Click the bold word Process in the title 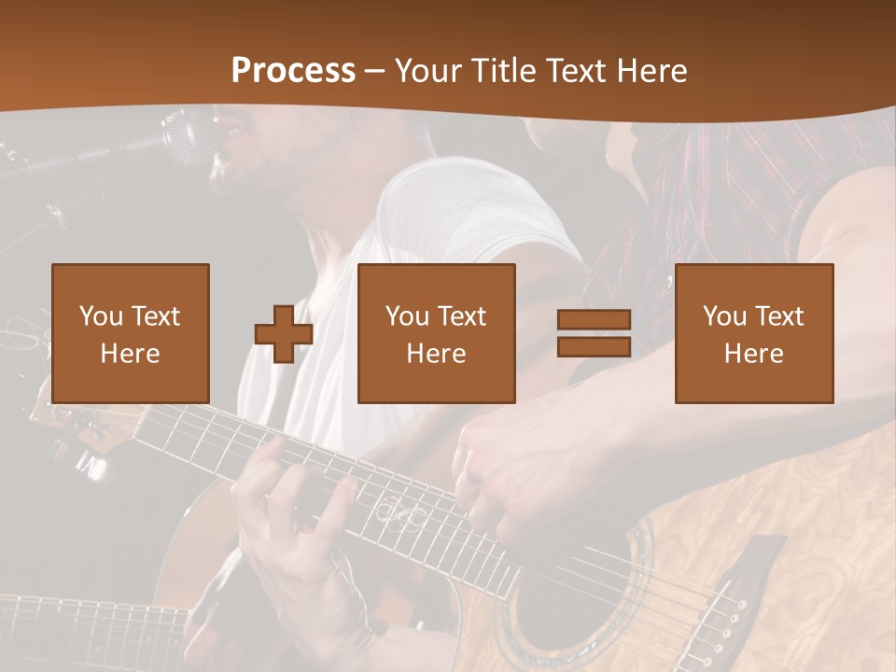click(293, 71)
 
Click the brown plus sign click(284, 334)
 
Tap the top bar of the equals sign click(594, 320)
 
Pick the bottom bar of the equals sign click(594, 347)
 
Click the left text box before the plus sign click(130, 333)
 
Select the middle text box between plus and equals click(436, 333)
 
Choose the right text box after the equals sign click(753, 333)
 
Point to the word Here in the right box click(753, 354)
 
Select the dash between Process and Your click(374, 71)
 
